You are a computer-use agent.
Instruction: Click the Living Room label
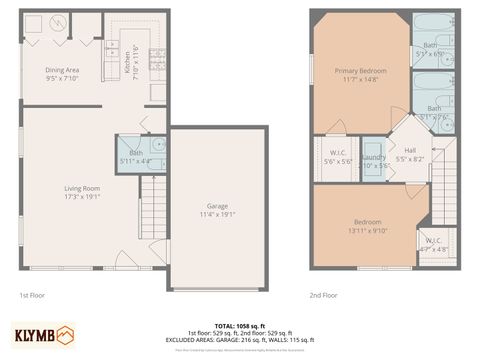tap(82, 187)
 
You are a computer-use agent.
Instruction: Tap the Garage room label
tap(217, 206)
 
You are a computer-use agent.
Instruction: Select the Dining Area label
tap(62, 69)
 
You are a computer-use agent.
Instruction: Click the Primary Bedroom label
tap(360, 71)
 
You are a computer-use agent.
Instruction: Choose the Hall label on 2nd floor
tap(410, 150)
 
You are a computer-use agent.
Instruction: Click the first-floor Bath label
tap(135, 153)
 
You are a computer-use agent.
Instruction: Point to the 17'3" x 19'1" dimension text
tap(82, 196)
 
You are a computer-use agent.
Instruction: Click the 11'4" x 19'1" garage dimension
tap(217, 214)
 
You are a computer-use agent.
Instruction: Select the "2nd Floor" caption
tap(323, 295)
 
